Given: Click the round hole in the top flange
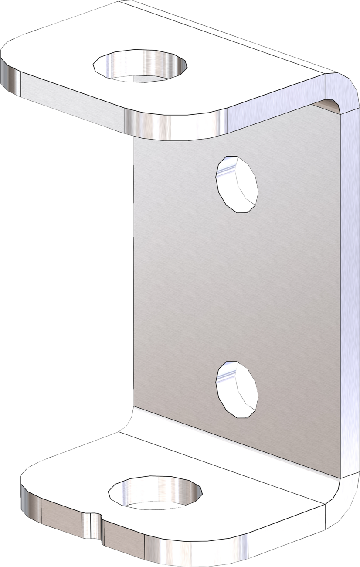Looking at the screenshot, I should (x=140, y=65).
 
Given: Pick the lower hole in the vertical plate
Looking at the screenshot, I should (x=237, y=389).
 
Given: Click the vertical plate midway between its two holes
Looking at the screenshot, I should (x=237, y=286).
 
